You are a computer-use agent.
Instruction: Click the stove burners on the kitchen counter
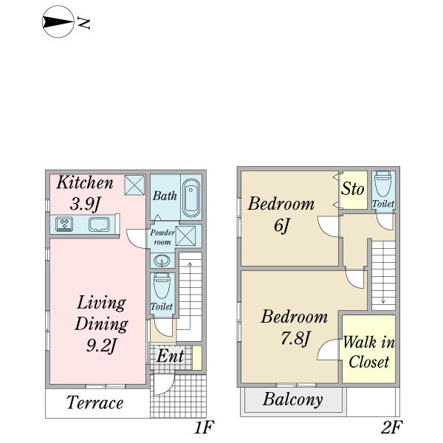64,224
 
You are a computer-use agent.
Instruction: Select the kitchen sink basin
99,224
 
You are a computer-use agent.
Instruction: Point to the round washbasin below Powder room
162,260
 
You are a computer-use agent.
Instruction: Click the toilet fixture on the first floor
162,286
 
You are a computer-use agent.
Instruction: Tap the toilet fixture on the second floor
383,184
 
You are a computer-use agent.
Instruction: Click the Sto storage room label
352,189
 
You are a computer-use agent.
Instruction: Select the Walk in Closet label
369,351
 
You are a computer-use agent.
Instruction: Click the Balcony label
292,399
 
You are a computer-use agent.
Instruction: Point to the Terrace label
95,402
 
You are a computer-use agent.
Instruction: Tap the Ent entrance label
171,356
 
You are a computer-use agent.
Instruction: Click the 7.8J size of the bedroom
295,338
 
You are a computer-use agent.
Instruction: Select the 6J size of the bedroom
282,225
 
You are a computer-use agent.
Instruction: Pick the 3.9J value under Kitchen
85,204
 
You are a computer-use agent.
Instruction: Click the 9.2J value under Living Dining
101,345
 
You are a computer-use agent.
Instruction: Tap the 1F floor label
204,427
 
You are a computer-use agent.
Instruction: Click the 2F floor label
391,427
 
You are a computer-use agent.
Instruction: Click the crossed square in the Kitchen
134,185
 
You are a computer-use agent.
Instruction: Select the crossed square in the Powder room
185,236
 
